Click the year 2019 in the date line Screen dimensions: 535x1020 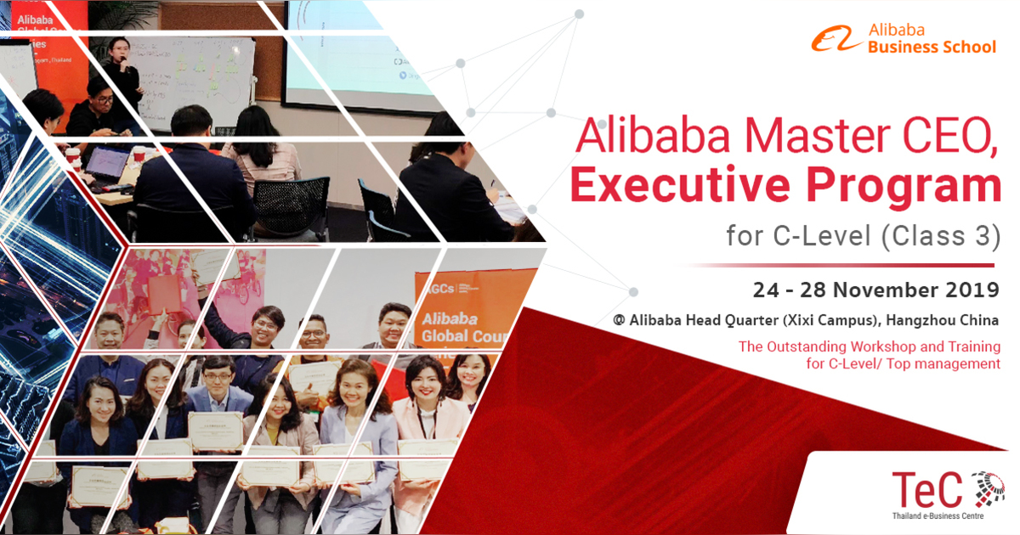[976, 290]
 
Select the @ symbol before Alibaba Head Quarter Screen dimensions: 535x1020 [619, 321]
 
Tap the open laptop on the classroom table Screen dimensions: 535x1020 [107, 163]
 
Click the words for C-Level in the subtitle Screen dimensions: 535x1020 [795, 235]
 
